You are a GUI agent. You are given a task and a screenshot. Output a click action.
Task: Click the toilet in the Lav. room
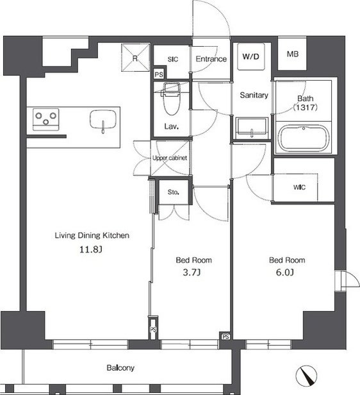pyautogui.click(x=172, y=99)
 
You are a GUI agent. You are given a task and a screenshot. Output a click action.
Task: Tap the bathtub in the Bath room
pyautogui.click(x=304, y=138)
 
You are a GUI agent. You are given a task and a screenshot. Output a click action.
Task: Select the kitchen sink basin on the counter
pyautogui.click(x=103, y=119)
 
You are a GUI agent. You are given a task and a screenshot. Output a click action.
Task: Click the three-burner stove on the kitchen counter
pyautogui.click(x=45, y=119)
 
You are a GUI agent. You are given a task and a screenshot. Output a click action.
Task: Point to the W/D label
pyautogui.click(x=250, y=56)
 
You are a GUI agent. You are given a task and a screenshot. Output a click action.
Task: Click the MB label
pyautogui.click(x=292, y=54)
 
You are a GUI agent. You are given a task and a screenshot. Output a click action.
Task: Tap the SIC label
pyautogui.click(x=173, y=59)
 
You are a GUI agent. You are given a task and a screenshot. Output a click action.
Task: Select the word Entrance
pyautogui.click(x=211, y=59)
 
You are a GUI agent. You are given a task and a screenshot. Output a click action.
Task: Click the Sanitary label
pyautogui.click(x=254, y=95)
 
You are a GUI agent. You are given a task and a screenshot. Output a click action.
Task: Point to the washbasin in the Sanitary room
pyautogui.click(x=251, y=128)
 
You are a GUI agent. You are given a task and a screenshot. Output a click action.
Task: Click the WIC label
pyautogui.click(x=299, y=187)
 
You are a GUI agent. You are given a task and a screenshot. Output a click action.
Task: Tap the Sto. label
pyautogui.click(x=174, y=192)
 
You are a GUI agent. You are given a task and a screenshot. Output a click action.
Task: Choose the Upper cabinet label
pyautogui.click(x=170, y=158)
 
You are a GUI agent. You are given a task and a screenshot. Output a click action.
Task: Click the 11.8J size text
pyautogui.click(x=91, y=249)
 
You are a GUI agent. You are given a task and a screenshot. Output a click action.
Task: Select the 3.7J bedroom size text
pyautogui.click(x=192, y=273)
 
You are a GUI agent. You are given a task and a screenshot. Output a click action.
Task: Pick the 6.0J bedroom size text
pyautogui.click(x=285, y=273)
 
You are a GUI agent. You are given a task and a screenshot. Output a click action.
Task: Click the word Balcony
pyautogui.click(x=120, y=368)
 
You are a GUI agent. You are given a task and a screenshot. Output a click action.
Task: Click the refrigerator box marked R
pyautogui.click(x=136, y=58)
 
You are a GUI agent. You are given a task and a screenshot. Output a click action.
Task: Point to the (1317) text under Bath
pyautogui.click(x=305, y=108)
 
